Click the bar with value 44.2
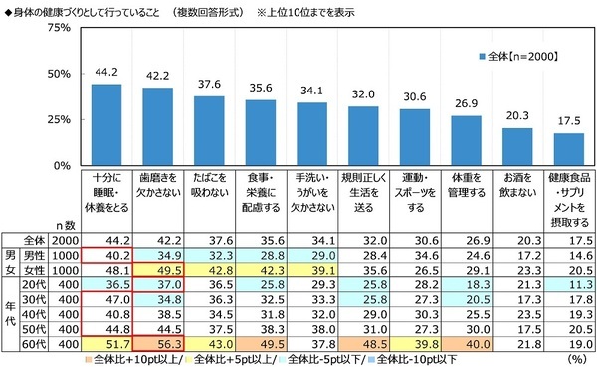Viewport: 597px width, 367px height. pyautogui.click(x=105, y=124)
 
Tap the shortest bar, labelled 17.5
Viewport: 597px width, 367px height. pyautogui.click(x=568, y=148)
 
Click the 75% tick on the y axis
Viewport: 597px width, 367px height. pyautogui.click(x=58, y=28)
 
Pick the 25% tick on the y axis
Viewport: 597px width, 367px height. pyautogui.click(x=58, y=119)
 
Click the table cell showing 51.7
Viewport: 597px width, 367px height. pyautogui.click(x=105, y=342)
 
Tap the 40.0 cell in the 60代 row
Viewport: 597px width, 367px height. pyautogui.click(x=465, y=342)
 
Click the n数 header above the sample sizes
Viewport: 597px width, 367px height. pyautogui.click(x=63, y=226)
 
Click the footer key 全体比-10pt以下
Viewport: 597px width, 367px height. pyautogui.click(x=417, y=357)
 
